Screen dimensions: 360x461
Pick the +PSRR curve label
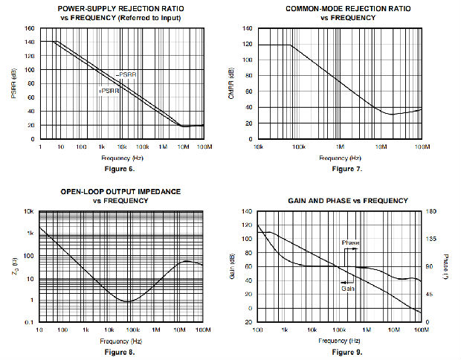point(109,91)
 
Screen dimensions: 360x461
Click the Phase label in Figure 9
point(350,242)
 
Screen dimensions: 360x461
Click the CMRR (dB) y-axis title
point(232,83)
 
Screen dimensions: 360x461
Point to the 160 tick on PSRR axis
point(29,29)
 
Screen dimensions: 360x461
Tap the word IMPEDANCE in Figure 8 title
point(153,191)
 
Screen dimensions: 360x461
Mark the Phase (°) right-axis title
point(447,266)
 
